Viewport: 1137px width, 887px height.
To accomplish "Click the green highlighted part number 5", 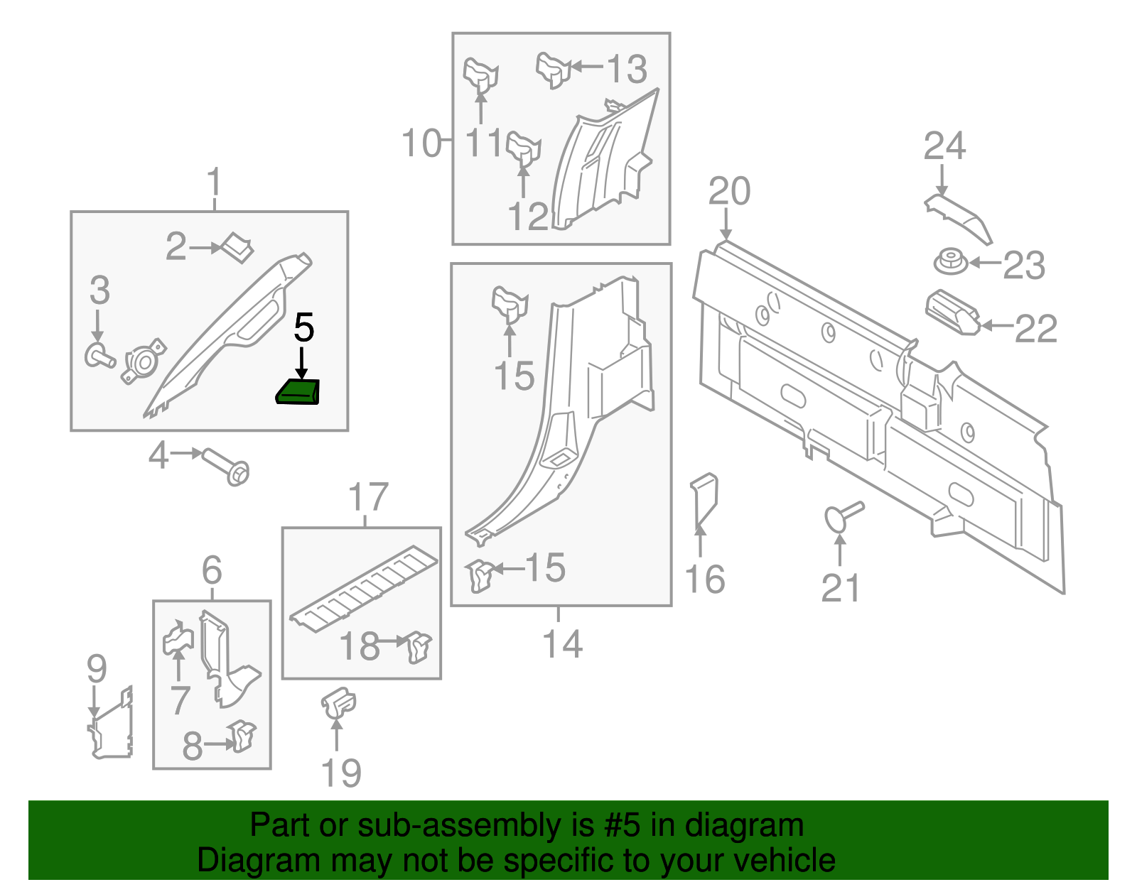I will (298, 392).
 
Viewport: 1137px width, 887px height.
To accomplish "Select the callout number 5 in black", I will (303, 328).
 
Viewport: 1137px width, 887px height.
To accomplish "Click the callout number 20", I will (729, 192).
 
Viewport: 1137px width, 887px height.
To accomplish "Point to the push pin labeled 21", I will (842, 515).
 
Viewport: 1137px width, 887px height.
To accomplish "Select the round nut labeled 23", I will (950, 262).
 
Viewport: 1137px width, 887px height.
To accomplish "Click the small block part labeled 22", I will (952, 312).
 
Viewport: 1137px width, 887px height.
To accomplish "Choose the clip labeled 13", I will (553, 70).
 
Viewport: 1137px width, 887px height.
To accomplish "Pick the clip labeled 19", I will (338, 704).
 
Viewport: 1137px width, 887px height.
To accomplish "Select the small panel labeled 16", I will (704, 500).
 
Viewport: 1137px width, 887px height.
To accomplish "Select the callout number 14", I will (562, 644).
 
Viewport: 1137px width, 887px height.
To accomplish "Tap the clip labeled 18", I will (419, 646).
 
